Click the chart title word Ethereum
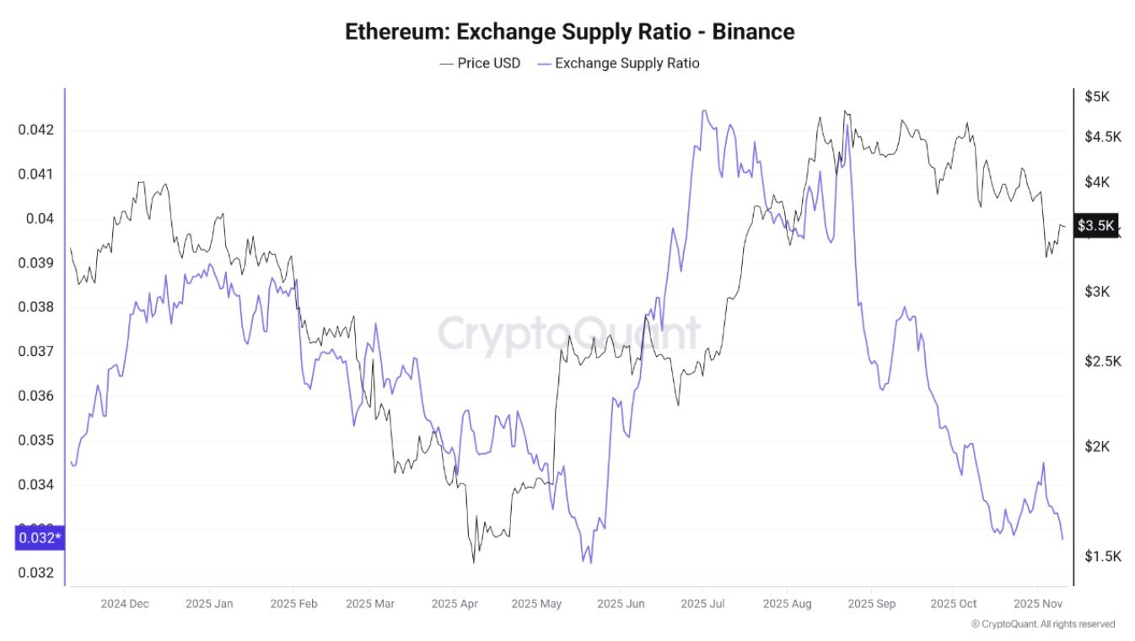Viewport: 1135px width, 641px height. pos(397,32)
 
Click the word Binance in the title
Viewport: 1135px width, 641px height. pos(753,32)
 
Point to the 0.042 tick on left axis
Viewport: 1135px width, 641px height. pos(35,130)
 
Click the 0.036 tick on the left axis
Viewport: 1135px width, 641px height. pos(35,396)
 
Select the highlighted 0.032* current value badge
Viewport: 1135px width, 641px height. pos(39,537)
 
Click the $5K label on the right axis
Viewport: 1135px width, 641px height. pos(1097,96)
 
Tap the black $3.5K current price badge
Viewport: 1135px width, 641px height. pos(1096,225)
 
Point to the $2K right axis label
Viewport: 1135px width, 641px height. pos(1097,445)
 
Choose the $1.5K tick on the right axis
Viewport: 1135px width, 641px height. pos(1101,556)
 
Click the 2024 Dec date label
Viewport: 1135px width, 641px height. pos(124,604)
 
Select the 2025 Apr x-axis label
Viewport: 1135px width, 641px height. pos(455,604)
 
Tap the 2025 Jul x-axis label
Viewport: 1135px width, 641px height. pos(703,604)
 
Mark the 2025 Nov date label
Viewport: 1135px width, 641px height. pos(1038,604)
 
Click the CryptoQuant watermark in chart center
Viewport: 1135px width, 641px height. pos(568,333)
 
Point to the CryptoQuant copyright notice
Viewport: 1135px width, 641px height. pos(1042,624)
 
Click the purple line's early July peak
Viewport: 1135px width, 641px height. pos(703,110)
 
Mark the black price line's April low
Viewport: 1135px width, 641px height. pos(473,562)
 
